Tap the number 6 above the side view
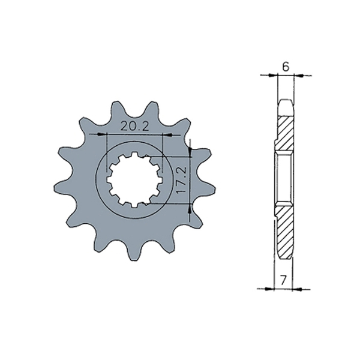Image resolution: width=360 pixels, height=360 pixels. point(286,67)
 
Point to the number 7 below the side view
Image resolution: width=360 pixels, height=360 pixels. point(283,279)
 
